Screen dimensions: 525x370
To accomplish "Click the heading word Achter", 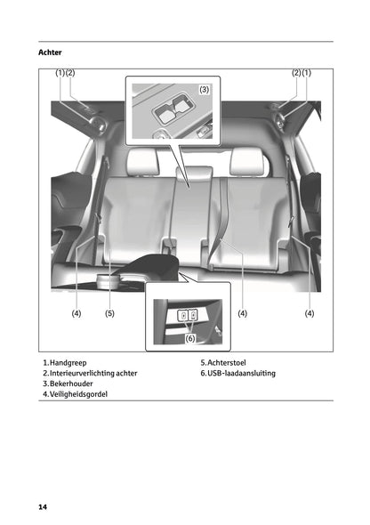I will point(50,53).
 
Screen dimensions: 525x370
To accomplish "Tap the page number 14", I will point(42,506).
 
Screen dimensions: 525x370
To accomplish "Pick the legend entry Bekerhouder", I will point(70,384).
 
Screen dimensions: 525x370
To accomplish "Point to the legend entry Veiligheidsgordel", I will point(78,394).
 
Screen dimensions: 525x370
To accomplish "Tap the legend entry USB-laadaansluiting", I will point(240,373).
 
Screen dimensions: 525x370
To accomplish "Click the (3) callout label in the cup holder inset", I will point(204,89).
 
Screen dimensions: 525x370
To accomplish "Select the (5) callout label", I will point(109,313).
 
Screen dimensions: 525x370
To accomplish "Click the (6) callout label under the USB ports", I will point(191,337).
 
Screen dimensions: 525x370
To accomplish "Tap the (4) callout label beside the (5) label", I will point(76,313).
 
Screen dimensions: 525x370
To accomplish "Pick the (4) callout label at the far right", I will point(310,313).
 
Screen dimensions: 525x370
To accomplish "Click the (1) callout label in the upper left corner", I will point(60,72).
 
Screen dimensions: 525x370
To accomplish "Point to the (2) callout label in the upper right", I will point(296,72).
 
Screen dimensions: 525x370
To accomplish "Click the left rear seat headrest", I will point(141,160).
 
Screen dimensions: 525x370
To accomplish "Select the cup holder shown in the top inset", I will point(173,112).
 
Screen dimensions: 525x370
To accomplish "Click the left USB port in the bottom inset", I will point(182,315).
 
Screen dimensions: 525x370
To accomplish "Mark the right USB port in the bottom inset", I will point(193,315).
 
